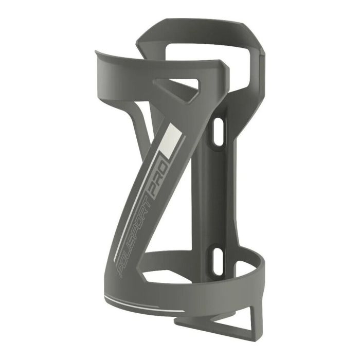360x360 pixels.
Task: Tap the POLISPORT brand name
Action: [x=135, y=237]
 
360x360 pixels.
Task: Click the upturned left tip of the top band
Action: [x=98, y=52]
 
